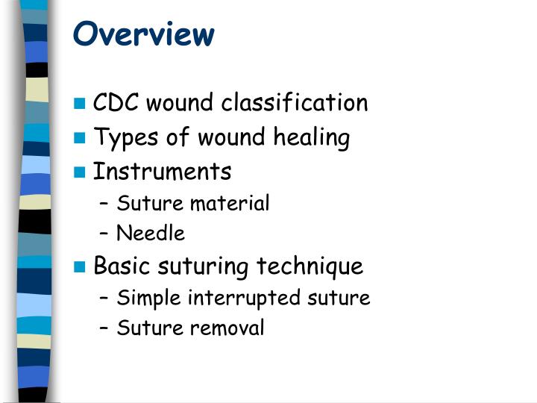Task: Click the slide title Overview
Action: tap(144, 34)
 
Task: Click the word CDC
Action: tap(116, 103)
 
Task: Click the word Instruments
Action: tap(162, 172)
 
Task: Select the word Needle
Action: tap(151, 234)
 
